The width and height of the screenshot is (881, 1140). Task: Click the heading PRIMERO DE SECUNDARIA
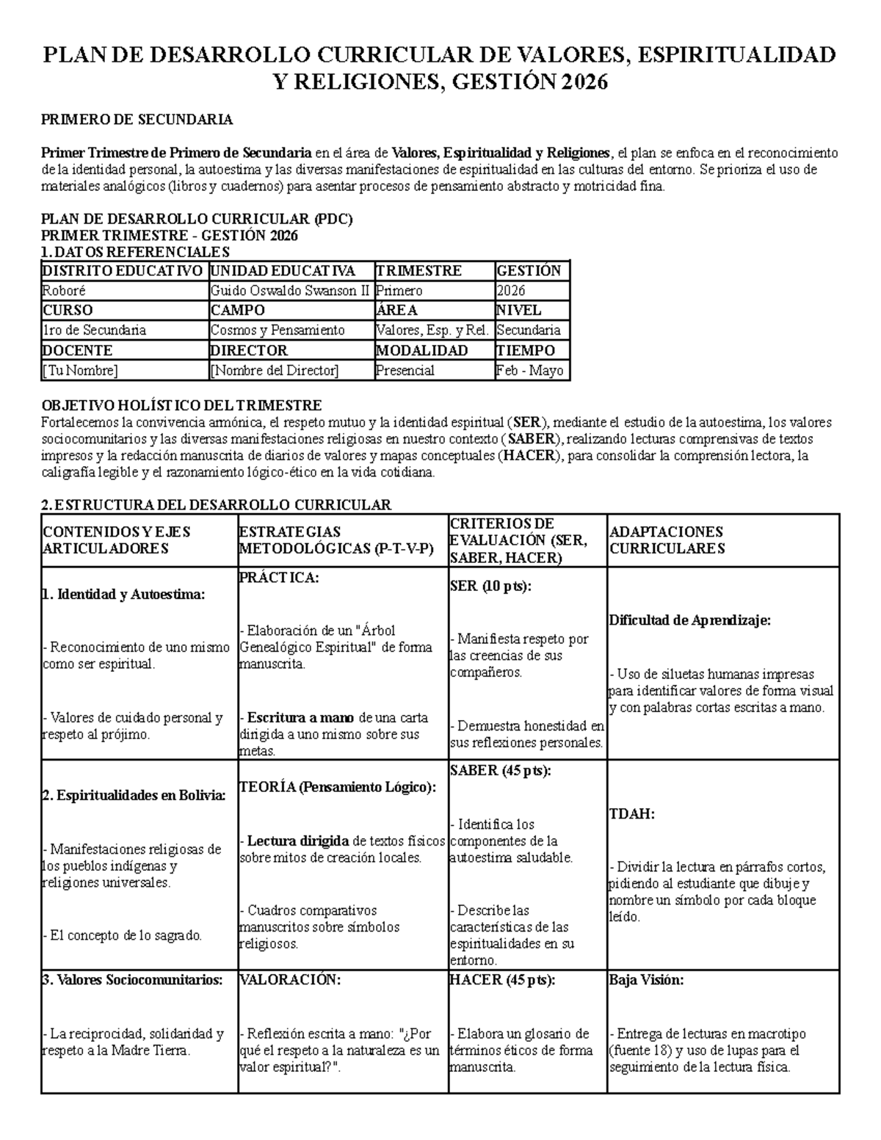(137, 119)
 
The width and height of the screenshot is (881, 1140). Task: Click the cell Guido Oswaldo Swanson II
(291, 291)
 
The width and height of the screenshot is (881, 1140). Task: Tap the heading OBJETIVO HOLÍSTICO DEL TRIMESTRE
(181, 406)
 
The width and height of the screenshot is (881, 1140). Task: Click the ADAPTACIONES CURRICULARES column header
(666, 540)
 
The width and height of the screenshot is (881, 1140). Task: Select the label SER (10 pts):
(490, 587)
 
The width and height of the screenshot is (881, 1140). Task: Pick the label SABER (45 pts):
(500, 771)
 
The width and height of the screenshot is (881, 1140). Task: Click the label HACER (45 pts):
(502, 980)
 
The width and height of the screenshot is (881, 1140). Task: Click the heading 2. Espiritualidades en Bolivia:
(134, 796)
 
